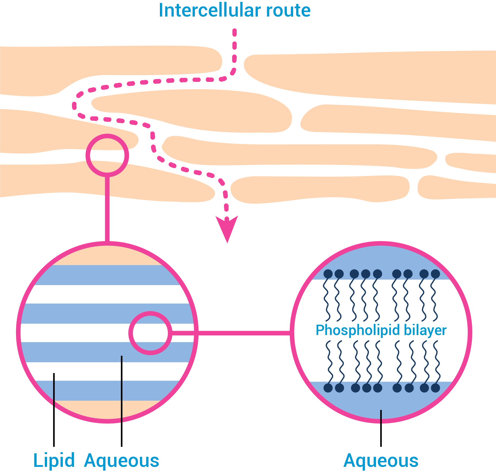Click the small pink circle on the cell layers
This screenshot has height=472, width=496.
pyautogui.click(x=107, y=141)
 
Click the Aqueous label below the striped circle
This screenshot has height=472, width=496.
pyautogui.click(x=122, y=461)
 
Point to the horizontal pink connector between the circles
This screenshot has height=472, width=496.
pyautogui.click(x=244, y=333)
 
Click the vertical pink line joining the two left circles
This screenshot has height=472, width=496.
pyautogui.click(x=107, y=209)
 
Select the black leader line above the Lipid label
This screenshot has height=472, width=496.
pyautogui.click(x=54, y=423)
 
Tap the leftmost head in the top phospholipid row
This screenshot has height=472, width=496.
pyautogui.click(x=328, y=274)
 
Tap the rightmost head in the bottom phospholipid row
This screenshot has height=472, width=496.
pyautogui.click(x=435, y=388)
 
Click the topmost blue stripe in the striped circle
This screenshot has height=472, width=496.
pyautogui.click(x=107, y=275)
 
